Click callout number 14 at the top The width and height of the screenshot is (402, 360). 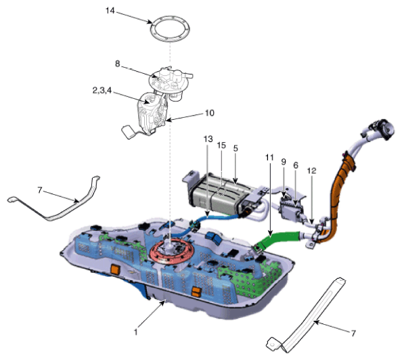111,11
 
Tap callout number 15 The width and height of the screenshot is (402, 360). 221,145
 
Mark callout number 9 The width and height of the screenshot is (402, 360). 284,162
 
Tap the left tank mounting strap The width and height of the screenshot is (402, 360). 68,203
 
